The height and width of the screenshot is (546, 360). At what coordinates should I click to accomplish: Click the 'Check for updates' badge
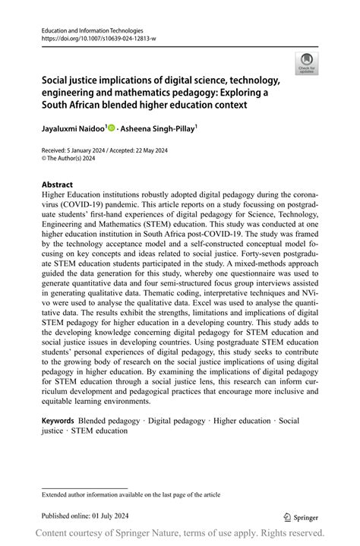pyautogui.click(x=307, y=62)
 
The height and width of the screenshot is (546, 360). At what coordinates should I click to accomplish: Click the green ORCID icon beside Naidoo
pyautogui.click(x=111, y=128)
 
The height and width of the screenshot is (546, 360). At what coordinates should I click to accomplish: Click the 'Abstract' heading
pyautogui.click(x=57, y=185)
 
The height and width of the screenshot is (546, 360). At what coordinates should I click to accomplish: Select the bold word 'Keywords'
pyautogui.click(x=58, y=421)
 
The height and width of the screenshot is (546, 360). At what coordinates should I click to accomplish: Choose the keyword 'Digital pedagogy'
pyautogui.click(x=177, y=421)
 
